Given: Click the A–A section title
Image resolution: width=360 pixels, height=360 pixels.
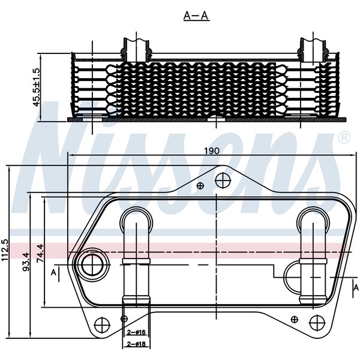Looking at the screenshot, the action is click(x=197, y=16).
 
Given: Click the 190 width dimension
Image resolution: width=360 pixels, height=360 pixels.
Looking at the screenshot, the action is click(x=212, y=151).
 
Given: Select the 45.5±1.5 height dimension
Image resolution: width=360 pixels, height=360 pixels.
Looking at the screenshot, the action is click(x=37, y=87).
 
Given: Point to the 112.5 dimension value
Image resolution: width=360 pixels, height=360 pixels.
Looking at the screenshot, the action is click(x=5, y=250).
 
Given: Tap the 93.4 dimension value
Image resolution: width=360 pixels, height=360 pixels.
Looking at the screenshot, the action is click(x=26, y=262).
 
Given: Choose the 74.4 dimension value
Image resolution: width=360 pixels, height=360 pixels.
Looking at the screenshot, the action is click(x=40, y=253).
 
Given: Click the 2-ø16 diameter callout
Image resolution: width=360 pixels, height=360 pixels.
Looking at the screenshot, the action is click(x=136, y=332).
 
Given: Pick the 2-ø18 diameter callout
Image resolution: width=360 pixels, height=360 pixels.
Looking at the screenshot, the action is click(x=136, y=344).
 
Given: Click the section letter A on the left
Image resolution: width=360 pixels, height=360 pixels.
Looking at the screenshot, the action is click(x=53, y=272).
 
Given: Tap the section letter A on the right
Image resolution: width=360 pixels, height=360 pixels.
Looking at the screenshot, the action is click(x=356, y=287).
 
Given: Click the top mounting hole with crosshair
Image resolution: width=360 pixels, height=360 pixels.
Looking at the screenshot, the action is click(x=223, y=181).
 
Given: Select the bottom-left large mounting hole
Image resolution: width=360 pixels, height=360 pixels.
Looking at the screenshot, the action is click(x=102, y=325).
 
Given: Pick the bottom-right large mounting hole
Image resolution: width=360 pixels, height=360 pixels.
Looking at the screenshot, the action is click(x=317, y=323).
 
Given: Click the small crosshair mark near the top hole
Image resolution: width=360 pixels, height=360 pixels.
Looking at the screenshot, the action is click(x=200, y=185).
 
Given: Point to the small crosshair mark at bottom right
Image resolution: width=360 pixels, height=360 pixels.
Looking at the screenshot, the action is click(x=295, y=319).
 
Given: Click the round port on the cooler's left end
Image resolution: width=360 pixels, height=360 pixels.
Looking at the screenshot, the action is click(x=92, y=265).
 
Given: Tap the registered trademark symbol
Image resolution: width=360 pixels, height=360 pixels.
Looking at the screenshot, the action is click(x=344, y=137).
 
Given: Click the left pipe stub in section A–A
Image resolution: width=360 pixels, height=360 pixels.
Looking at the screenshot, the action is click(x=136, y=49).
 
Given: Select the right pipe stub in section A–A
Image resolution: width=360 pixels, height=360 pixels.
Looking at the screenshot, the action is click(x=313, y=49).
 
